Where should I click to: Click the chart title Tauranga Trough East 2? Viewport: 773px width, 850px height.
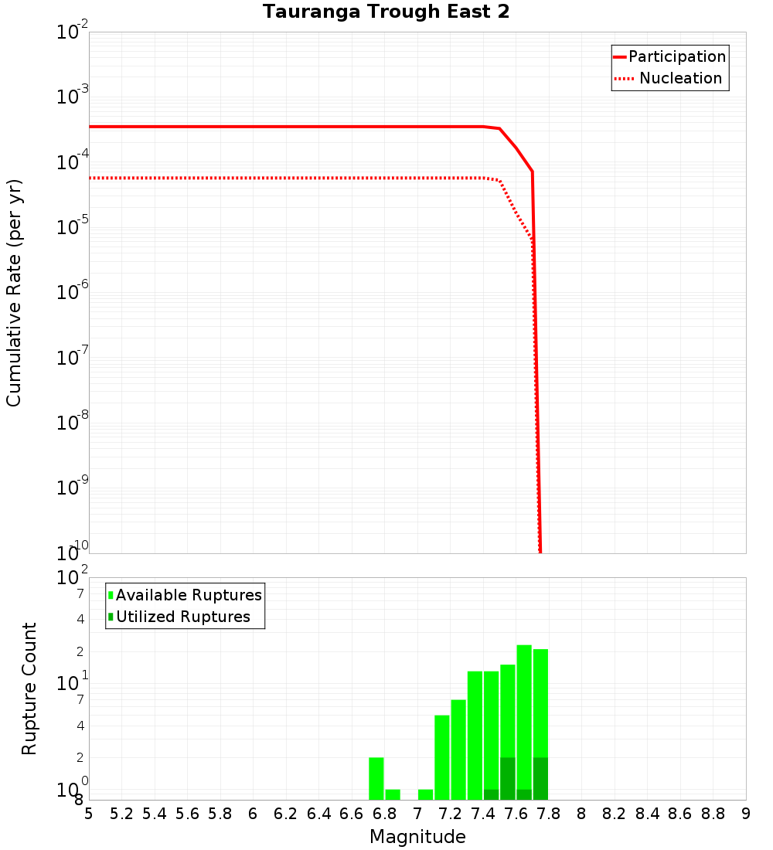tap(386, 12)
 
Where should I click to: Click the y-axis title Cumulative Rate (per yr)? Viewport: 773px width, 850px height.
tap(14, 293)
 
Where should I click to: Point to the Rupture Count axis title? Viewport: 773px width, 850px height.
tap(29, 688)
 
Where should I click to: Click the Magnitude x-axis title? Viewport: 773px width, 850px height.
tap(417, 837)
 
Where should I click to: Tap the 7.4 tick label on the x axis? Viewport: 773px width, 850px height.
tap(483, 814)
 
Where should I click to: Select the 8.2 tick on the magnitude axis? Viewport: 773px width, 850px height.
tap(615, 814)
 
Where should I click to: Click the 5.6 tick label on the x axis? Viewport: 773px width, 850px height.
tap(187, 814)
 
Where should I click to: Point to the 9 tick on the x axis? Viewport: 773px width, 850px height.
tap(745, 814)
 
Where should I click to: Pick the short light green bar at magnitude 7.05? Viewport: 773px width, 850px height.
tap(425, 794)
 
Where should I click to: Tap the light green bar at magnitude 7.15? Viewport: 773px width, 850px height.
tap(442, 757)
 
